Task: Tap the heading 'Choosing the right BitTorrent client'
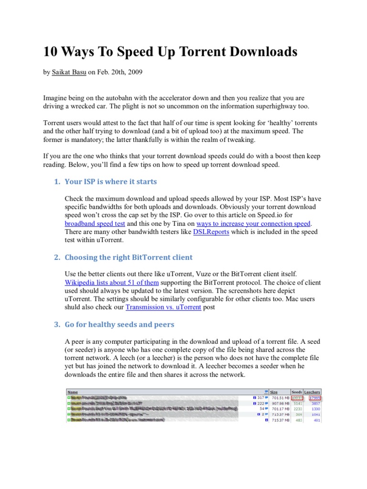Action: [x=128, y=257]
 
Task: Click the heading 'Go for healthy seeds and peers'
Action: [x=119, y=325]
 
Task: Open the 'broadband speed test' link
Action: [x=95, y=223]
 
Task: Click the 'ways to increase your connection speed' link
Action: [x=253, y=223]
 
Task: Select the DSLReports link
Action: [x=211, y=232]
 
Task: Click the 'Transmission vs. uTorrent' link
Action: [x=163, y=308]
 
